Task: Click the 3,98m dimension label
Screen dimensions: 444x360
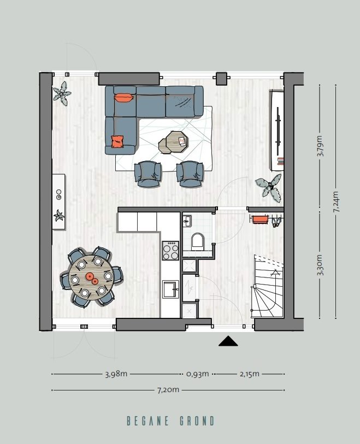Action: tap(116, 374)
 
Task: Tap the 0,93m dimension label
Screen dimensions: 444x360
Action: tap(197, 374)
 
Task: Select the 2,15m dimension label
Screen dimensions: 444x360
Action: tap(249, 374)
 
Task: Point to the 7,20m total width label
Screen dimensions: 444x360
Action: tap(168, 390)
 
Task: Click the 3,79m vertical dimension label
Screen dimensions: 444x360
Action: tap(320, 146)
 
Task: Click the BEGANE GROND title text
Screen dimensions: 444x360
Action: tap(170, 421)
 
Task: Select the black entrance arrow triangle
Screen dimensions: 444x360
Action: tap(228, 341)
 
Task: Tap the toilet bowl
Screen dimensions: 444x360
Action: tap(197, 240)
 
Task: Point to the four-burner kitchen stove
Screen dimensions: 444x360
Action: tap(170, 251)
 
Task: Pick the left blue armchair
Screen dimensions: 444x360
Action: tap(148, 173)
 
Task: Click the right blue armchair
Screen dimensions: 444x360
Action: tap(190, 173)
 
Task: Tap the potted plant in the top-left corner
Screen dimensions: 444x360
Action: tap(62, 93)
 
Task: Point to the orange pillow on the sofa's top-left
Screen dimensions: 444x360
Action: tap(123, 98)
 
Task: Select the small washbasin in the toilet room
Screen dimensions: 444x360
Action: tap(187, 221)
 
